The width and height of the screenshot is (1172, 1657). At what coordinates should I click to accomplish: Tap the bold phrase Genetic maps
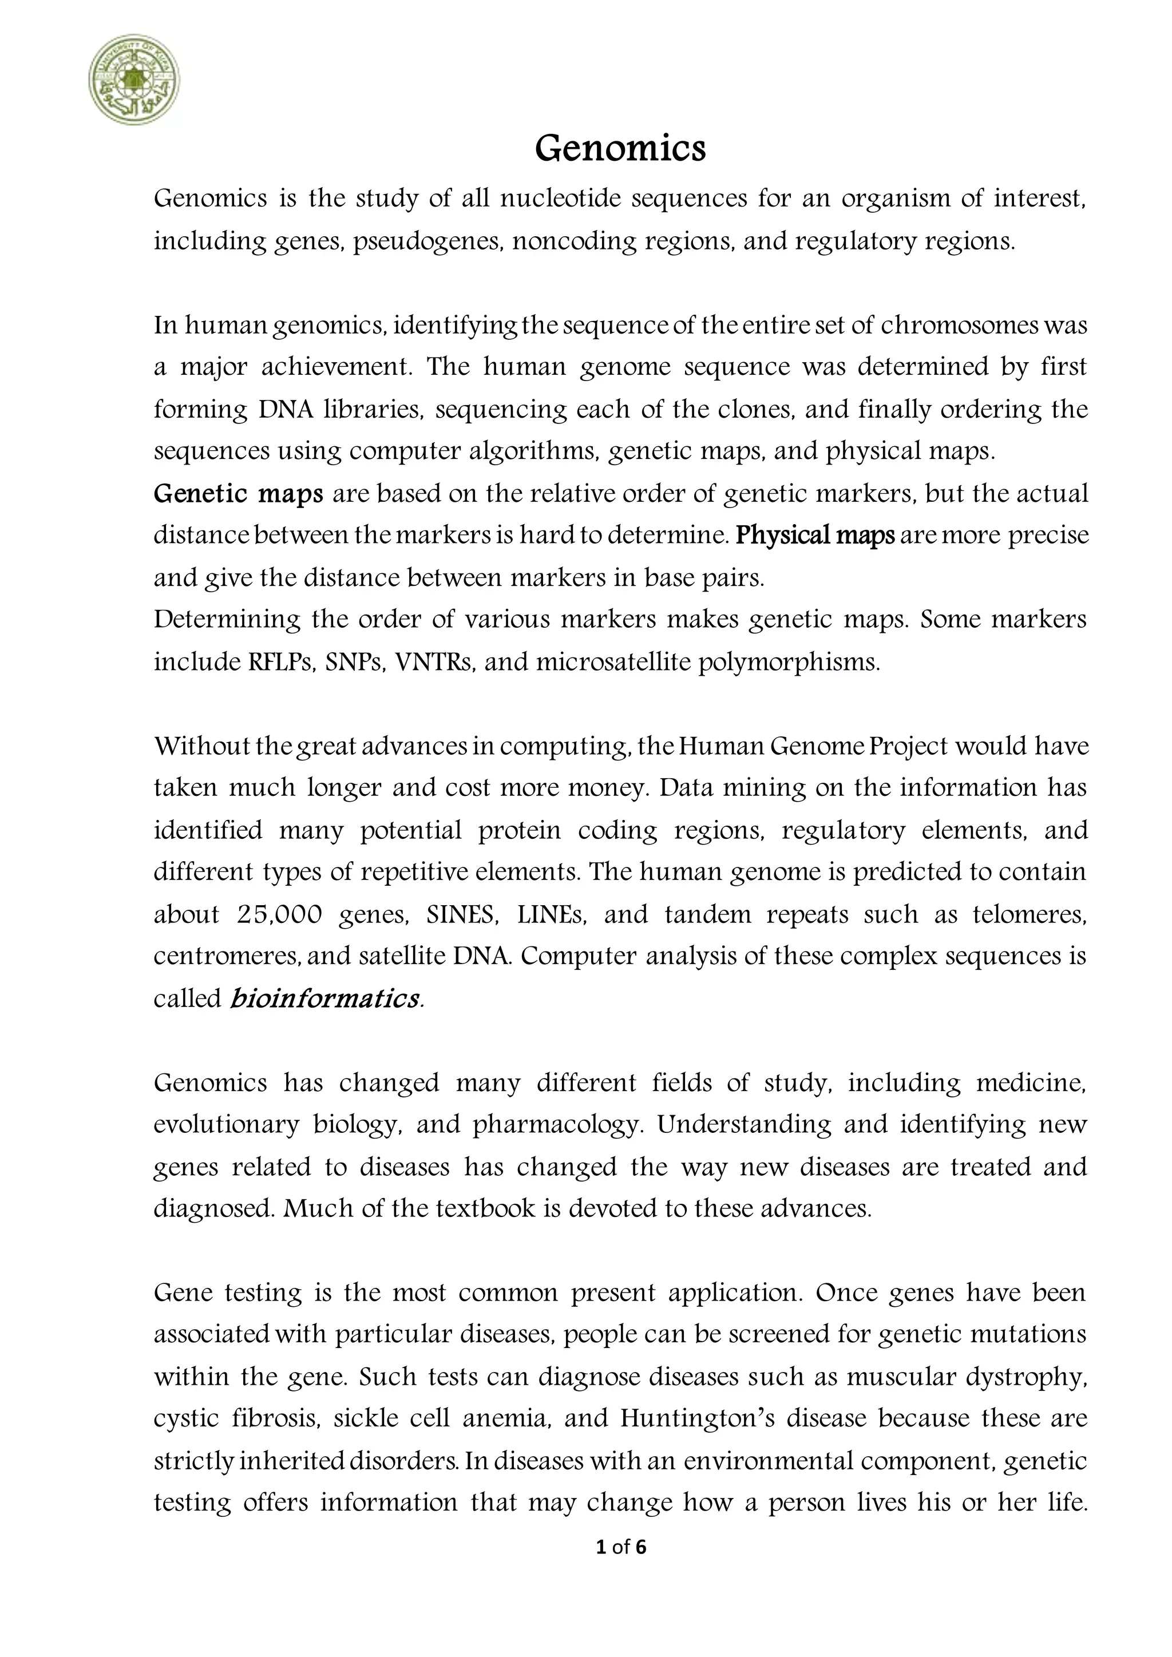239,494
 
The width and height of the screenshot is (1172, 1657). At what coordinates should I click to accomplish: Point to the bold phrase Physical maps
815,536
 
